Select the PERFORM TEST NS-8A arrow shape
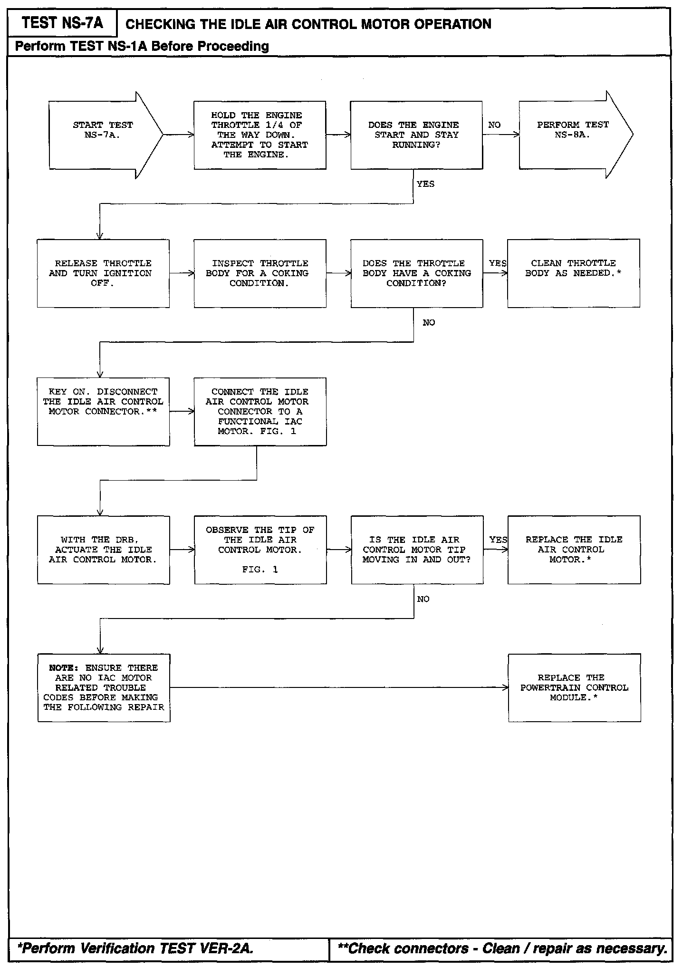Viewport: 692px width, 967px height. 573,135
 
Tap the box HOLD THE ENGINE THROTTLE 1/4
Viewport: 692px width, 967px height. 259,135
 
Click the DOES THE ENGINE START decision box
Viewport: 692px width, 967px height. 416,135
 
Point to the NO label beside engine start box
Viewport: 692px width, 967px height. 494,125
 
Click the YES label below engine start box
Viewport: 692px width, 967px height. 425,184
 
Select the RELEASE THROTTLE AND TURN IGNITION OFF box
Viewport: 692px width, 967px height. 103,273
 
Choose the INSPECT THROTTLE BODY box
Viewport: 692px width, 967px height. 259,273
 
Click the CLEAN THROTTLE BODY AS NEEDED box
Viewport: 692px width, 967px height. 573,273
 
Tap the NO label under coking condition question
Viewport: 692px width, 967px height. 429,323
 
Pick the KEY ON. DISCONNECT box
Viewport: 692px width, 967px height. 103,412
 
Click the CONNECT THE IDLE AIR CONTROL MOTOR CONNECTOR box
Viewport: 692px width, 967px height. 260,412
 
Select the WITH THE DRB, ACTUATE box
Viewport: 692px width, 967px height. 103,550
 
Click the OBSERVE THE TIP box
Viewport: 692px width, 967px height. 260,550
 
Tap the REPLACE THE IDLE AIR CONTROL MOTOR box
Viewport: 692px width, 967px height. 574,550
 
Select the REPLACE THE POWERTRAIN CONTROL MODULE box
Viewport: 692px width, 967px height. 574,688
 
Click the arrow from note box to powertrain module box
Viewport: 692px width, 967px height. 339,688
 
